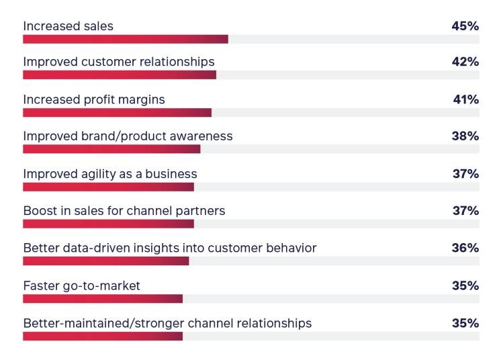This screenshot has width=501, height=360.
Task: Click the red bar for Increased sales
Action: [126, 39]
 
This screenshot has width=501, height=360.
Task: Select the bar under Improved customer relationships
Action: [120, 75]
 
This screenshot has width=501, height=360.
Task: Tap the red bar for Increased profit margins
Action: [118, 112]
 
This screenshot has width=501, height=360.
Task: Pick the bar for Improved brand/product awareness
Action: [111, 149]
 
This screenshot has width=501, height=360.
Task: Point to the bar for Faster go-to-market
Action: [103, 298]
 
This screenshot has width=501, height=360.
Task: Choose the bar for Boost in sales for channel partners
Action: [108, 224]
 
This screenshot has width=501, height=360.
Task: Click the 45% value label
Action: [465, 26]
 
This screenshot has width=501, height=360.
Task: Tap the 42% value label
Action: [465, 62]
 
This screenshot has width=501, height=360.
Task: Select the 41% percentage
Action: [465, 99]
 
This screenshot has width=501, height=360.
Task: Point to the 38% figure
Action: [465, 136]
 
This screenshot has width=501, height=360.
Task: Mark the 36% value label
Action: [465, 248]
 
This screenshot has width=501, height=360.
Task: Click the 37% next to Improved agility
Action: [465, 174]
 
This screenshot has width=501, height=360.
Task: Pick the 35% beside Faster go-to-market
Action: [465, 285]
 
